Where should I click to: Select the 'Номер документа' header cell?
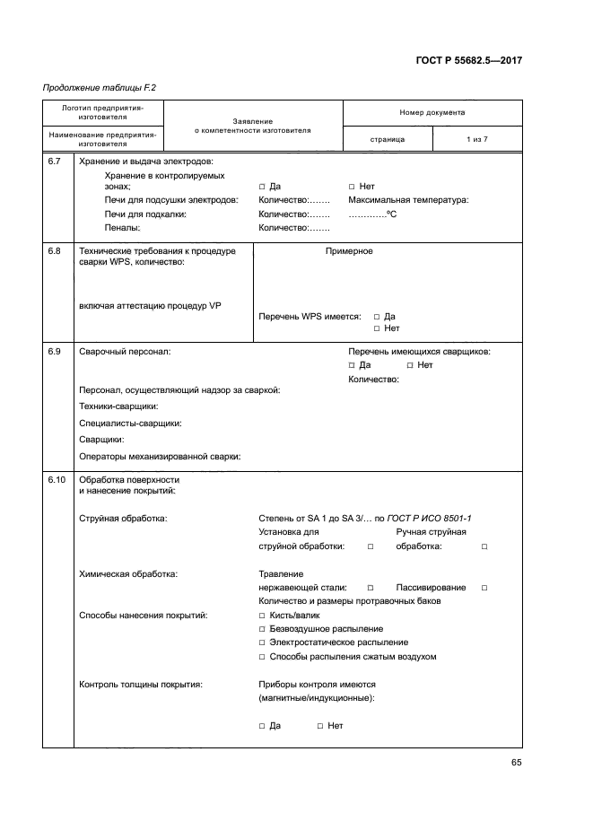pos(432,113)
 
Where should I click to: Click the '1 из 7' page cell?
pos(476,140)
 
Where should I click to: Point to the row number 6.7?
pos(54,162)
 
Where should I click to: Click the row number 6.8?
pos(54,251)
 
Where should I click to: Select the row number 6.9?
pos(54,352)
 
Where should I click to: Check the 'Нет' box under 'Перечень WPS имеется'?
pos(377,328)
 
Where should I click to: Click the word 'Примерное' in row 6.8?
pos(349,251)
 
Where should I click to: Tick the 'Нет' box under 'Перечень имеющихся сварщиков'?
pos(410,365)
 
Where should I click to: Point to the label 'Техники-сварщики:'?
pos(118,406)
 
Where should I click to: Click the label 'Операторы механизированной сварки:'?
pos(160,457)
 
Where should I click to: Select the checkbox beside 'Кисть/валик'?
pos(262,616)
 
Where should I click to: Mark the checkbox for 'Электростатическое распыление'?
pos(262,642)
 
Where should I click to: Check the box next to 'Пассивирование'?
pos(484,588)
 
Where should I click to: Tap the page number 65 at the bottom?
pos(516,763)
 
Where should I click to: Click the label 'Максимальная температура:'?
pos(408,200)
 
